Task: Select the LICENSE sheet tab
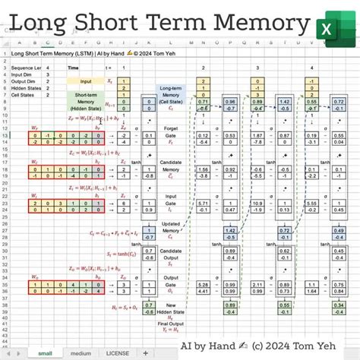(x=117, y=352)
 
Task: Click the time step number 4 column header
(x=311, y=68)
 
